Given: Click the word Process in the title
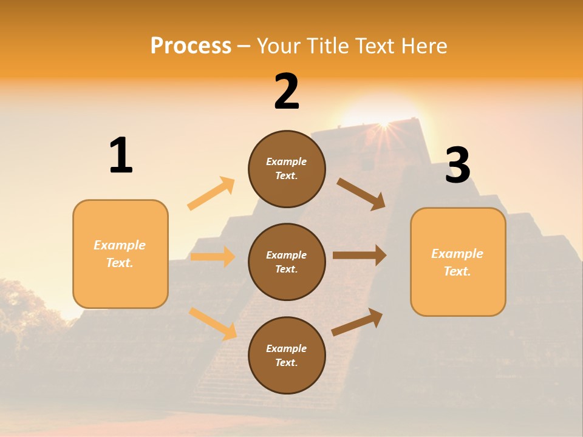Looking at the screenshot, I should pos(191,46).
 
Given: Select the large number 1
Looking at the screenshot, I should pos(121,155).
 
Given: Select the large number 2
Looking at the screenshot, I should pos(287,92).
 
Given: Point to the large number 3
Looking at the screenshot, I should pos(457,166).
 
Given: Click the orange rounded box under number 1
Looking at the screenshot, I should pos(120,254).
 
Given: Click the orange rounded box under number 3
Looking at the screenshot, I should pos(458,262).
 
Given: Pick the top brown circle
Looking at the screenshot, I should pos(287,169).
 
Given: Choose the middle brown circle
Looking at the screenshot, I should pos(287,262).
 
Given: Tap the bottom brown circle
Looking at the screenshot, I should pos(287,355).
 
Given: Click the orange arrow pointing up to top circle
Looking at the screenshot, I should pos(211,194).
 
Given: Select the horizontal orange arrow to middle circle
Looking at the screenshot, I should pos(213,257).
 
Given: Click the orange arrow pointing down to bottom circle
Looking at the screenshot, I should pos(213,324).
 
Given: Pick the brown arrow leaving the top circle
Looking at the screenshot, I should pos(361,194).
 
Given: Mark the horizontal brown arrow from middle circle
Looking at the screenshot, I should pos(360,256).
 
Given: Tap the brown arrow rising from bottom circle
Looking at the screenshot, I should pos(357,322).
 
